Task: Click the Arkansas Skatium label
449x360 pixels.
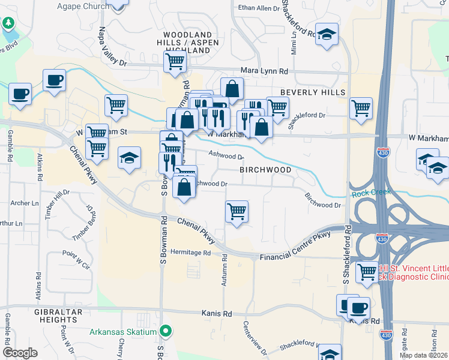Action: [123, 332]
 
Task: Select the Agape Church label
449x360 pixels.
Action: [83, 7]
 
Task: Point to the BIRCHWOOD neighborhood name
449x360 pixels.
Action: [265, 170]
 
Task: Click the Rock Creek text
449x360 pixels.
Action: [370, 192]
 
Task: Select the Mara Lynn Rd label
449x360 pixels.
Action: [264, 71]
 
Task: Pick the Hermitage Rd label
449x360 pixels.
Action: [191, 252]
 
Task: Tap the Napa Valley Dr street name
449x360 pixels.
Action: [112, 46]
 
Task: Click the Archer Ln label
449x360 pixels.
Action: [25, 203]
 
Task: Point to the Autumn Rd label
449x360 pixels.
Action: [224, 270]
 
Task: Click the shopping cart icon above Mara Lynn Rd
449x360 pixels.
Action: [175, 60]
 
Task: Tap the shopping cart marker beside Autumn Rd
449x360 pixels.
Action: [237, 211]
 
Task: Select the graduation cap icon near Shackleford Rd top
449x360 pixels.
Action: [327, 35]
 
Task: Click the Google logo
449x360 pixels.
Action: [20, 353]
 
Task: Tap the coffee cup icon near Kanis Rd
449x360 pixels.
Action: [358, 308]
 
